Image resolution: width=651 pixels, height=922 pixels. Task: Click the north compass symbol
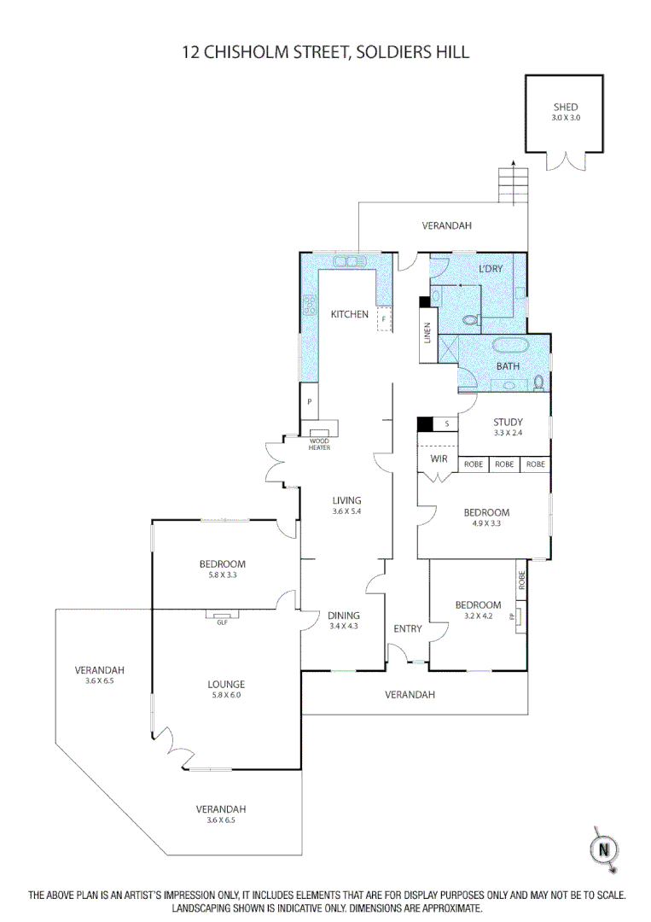[604, 849]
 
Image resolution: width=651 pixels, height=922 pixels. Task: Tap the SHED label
[566, 107]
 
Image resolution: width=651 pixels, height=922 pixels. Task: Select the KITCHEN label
[350, 314]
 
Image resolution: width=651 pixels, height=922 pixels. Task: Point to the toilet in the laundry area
[468, 321]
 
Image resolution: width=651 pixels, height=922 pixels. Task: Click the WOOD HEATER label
[319, 444]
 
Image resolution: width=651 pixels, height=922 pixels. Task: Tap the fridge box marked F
[384, 319]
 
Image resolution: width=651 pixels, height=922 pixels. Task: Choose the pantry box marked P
[309, 401]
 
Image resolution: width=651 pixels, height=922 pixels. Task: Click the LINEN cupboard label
[427, 335]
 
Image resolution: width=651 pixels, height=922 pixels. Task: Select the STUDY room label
[508, 422]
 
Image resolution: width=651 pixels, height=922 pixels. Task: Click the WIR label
[439, 458]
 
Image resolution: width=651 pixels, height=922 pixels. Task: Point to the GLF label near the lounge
[221, 621]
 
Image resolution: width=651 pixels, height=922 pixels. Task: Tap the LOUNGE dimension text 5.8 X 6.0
[226, 695]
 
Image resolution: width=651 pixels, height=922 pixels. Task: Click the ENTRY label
[408, 629]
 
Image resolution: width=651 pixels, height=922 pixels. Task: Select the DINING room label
[344, 616]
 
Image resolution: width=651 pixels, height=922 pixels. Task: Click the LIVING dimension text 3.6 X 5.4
[346, 511]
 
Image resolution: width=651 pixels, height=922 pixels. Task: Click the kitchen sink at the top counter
[349, 260]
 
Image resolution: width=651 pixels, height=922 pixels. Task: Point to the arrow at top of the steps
[514, 162]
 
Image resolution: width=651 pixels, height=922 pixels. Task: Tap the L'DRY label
[491, 269]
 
